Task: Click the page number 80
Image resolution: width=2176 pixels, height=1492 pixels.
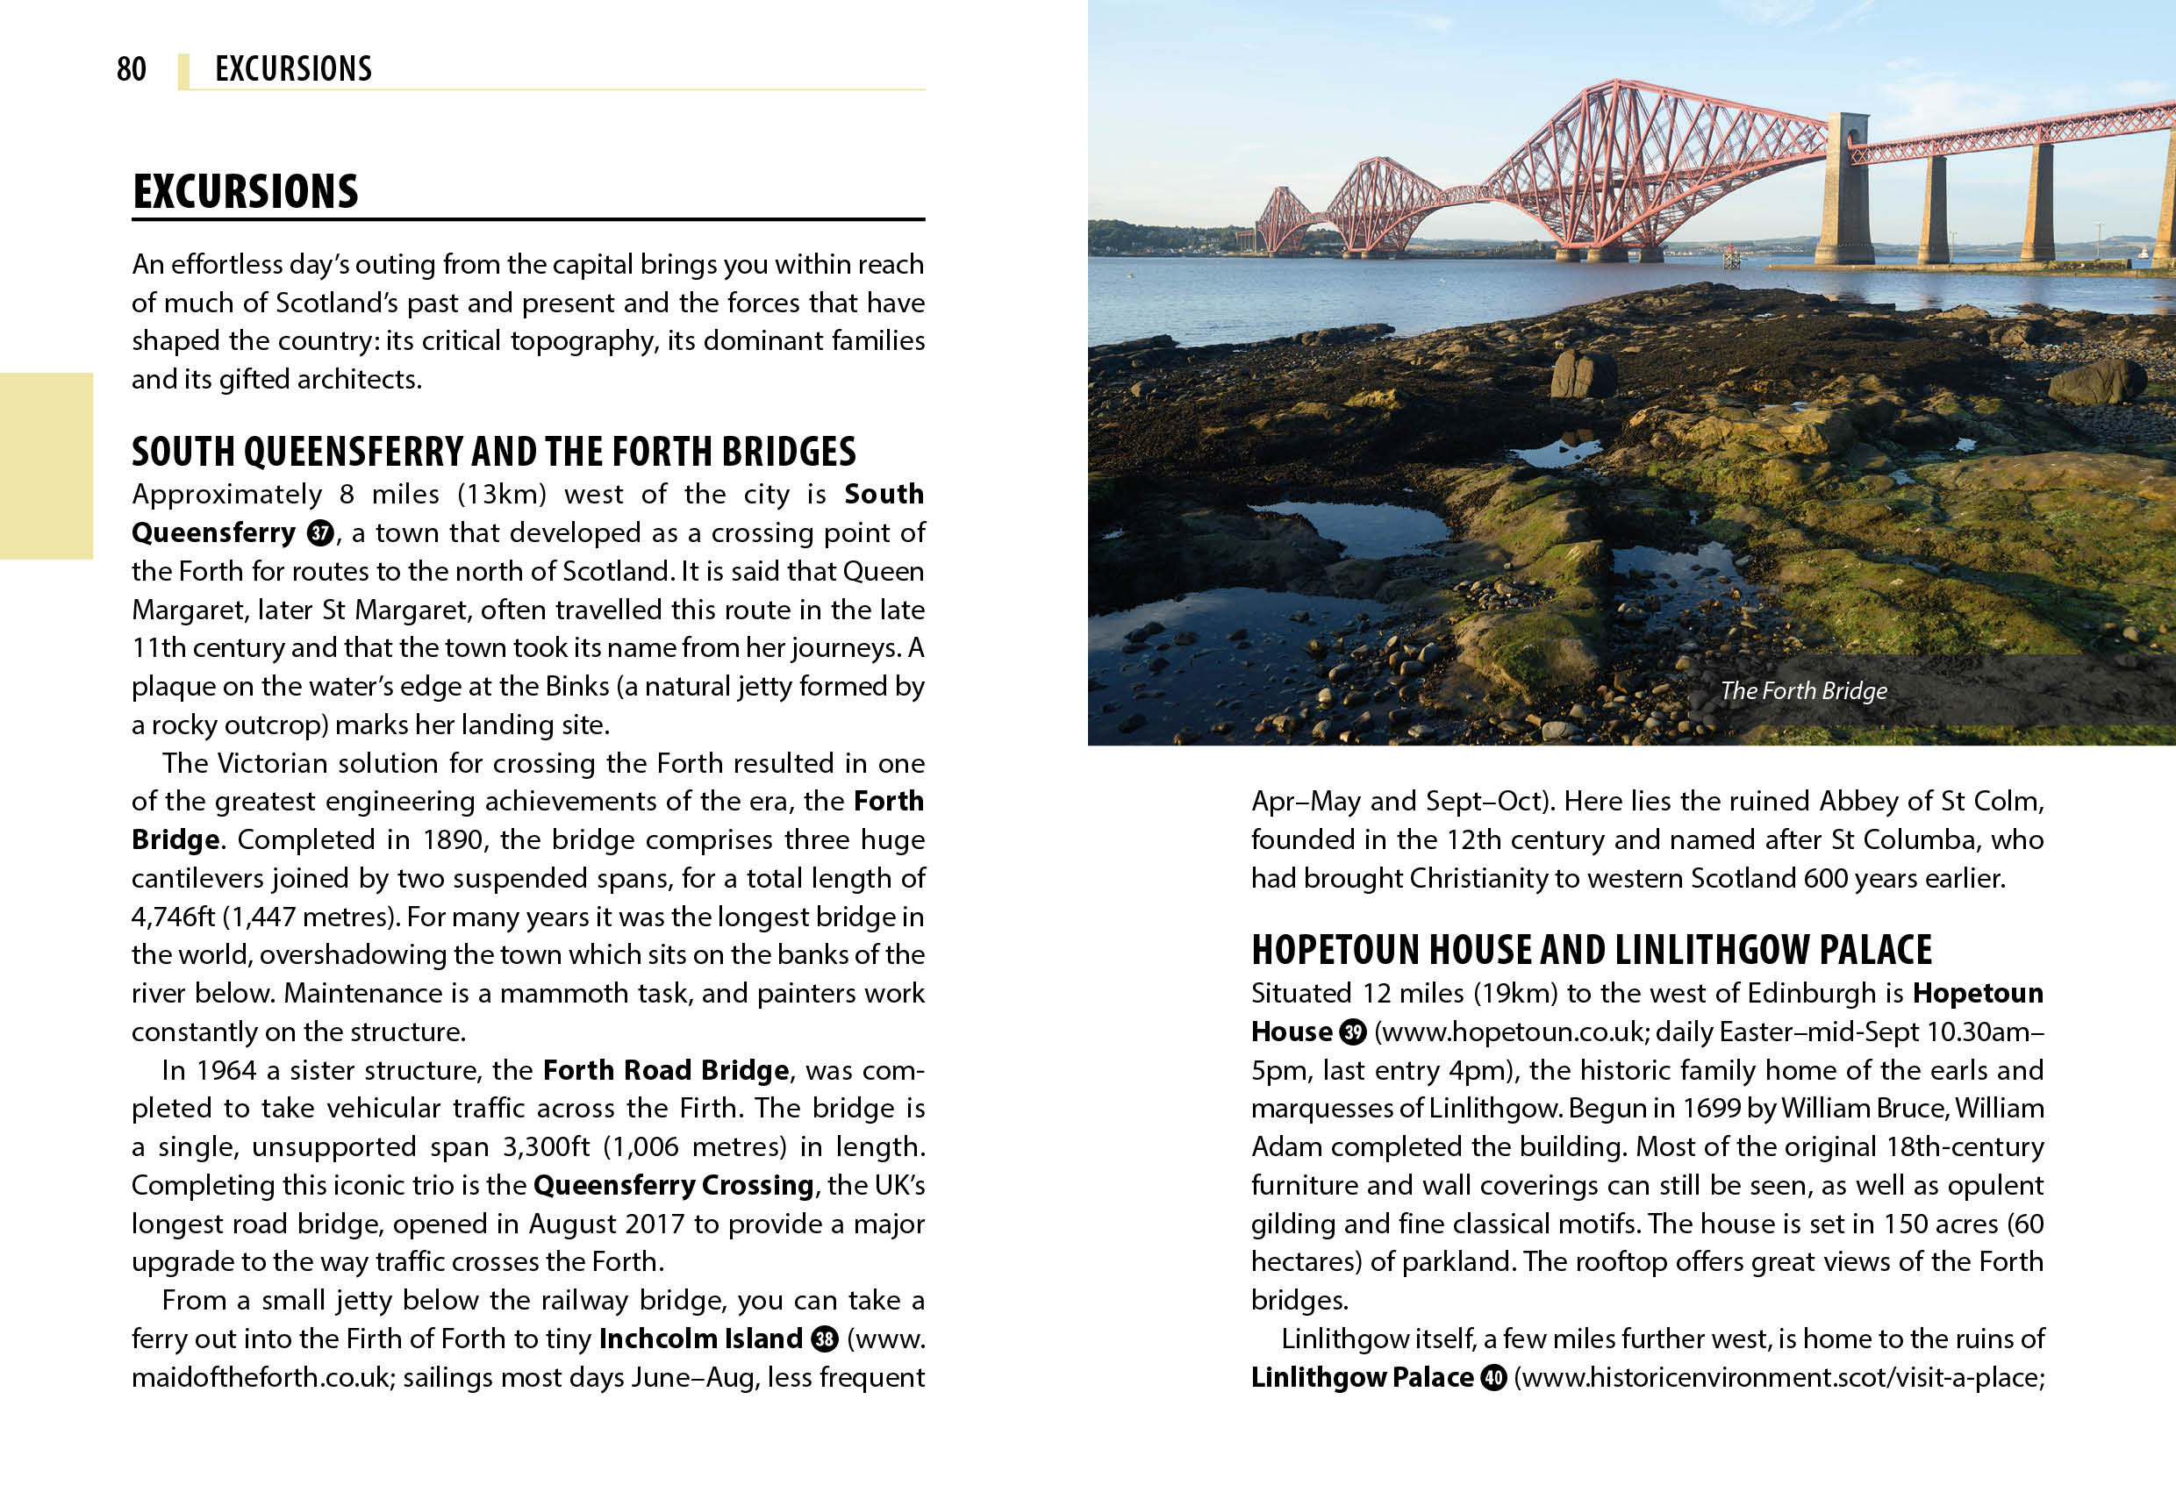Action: (131, 69)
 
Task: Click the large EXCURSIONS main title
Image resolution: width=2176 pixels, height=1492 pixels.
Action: (246, 192)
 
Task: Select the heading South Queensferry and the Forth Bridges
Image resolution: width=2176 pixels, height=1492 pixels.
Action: (493, 451)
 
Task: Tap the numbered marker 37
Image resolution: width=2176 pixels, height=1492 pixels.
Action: (320, 533)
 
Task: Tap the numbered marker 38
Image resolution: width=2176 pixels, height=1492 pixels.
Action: (824, 1339)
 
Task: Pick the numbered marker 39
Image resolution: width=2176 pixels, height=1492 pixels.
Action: (1353, 1032)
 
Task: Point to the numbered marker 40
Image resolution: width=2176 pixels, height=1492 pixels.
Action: (1493, 1378)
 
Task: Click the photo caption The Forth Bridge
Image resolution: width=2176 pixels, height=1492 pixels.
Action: (1803, 691)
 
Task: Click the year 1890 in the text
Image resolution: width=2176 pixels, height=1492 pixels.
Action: (453, 839)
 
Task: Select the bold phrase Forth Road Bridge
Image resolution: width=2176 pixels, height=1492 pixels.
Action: (666, 1070)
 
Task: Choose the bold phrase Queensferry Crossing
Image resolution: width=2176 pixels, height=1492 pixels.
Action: (673, 1185)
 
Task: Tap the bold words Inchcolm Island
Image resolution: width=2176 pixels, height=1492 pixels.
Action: (700, 1339)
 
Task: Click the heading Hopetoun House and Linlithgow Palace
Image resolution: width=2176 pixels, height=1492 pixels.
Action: (1591, 950)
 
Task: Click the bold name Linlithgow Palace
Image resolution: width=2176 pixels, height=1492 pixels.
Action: (1363, 1378)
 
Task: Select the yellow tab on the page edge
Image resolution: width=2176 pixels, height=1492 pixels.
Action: (47, 465)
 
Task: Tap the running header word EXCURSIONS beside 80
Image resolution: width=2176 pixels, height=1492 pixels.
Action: (293, 69)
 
